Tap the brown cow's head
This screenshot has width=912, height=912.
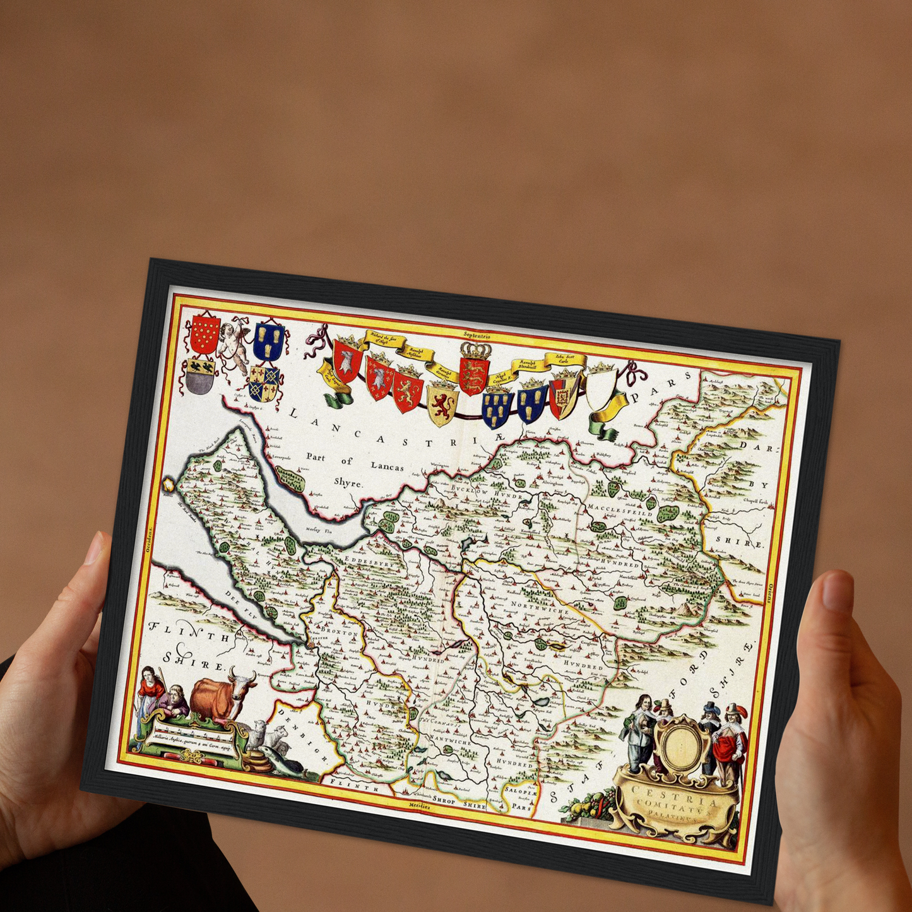[242, 682]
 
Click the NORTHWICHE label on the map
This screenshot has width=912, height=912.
[540, 610]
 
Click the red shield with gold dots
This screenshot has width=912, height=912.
[205, 334]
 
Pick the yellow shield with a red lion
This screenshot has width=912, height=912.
[443, 403]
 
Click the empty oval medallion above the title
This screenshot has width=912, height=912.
[678, 744]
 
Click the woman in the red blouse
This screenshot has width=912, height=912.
[151, 687]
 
